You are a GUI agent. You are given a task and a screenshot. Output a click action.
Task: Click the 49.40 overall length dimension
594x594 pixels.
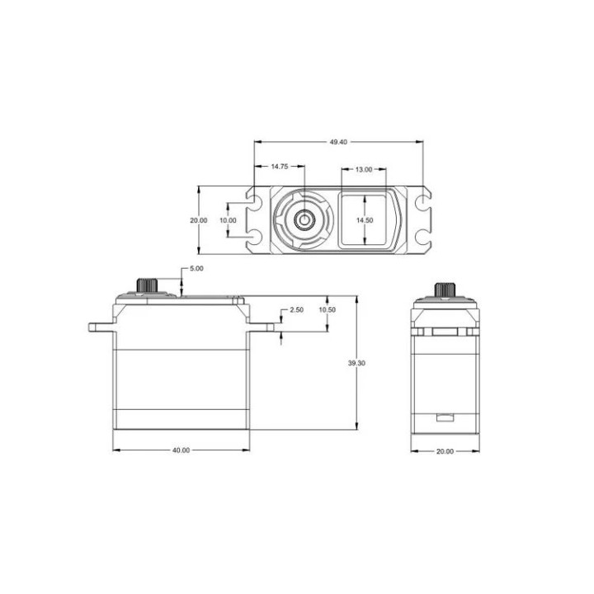(x=338, y=142)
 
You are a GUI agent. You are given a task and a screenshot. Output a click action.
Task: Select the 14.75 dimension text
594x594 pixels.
(x=280, y=167)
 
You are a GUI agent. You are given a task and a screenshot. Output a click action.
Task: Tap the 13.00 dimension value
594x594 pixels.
(x=363, y=169)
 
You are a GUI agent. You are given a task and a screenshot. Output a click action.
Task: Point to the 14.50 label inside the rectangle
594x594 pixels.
(x=365, y=220)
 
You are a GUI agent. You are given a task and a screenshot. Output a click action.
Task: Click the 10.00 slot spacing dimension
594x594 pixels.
(x=227, y=220)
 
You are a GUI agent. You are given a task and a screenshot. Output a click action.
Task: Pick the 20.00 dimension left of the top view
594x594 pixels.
(x=198, y=220)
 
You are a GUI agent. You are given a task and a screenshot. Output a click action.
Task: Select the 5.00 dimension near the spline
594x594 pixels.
(x=196, y=269)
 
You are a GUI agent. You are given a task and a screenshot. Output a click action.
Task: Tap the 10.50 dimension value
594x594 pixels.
(x=328, y=310)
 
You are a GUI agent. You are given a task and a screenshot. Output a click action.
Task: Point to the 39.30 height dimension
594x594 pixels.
(x=356, y=362)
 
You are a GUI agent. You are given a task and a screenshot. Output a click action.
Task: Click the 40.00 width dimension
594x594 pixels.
(x=181, y=450)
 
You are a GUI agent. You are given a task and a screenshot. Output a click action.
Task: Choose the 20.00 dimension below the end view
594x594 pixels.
(x=445, y=450)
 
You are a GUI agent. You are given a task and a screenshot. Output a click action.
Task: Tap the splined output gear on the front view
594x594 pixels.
(x=148, y=285)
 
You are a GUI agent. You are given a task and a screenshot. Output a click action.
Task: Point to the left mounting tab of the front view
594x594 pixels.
(x=99, y=327)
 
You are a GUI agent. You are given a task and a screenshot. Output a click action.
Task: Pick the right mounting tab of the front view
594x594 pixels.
(x=262, y=327)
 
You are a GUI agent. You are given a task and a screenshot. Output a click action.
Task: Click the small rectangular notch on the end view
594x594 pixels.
(x=445, y=417)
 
